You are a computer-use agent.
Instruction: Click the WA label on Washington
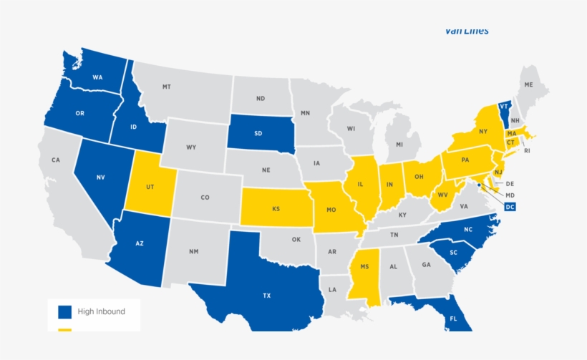[99, 77]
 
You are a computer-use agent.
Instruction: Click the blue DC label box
[510, 208]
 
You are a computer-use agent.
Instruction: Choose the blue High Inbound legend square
[65, 311]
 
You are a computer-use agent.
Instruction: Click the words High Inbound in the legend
[102, 311]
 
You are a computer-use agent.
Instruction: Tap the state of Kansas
[276, 209]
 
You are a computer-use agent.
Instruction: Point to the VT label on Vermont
[504, 106]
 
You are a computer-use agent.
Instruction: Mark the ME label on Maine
[529, 84]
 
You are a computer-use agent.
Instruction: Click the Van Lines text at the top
[467, 30]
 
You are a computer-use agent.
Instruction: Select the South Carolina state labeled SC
[453, 253]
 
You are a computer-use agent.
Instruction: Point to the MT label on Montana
[166, 87]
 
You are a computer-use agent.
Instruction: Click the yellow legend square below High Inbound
[65, 331]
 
